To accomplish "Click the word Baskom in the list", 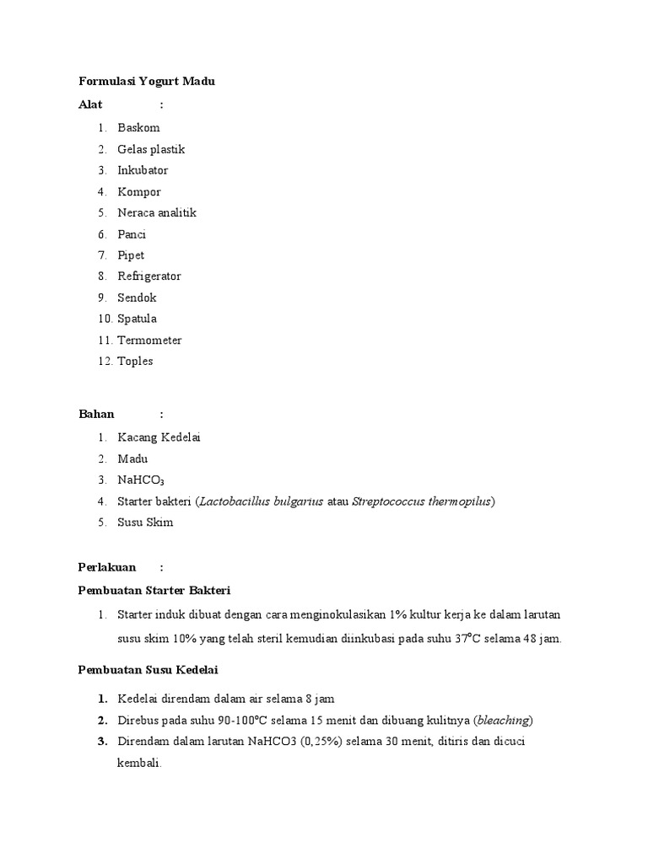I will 138,128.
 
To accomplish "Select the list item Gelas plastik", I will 151,149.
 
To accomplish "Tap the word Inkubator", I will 143,170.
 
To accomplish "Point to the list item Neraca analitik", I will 157,213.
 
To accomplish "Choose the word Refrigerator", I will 149,276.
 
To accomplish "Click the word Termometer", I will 149,340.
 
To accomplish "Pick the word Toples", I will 135,362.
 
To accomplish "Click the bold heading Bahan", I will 96,415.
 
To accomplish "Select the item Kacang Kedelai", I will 159,437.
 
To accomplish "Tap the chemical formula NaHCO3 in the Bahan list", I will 135,480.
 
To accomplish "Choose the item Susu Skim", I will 145,523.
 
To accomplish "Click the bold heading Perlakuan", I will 107,567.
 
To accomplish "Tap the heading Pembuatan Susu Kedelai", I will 148,670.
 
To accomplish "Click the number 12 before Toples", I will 104,362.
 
